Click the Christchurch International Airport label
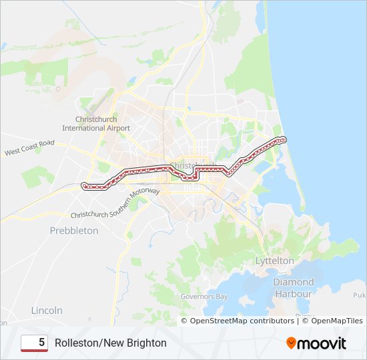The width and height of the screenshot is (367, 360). [x=96, y=123]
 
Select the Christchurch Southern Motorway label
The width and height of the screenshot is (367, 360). [x=115, y=203]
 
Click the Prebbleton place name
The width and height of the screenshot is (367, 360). [x=74, y=231]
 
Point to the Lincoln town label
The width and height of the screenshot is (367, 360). [x=47, y=311]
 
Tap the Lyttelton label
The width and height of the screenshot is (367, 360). [x=274, y=261]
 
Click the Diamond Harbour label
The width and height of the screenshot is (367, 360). [x=293, y=288]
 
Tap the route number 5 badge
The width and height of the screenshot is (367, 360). [x=34, y=343]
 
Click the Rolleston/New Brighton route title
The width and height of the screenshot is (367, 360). [x=111, y=343]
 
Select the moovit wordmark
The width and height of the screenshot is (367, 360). [x=323, y=343]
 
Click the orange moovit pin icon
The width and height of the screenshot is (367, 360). [x=292, y=343]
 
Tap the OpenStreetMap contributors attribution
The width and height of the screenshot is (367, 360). [x=242, y=321]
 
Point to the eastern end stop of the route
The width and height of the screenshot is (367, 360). [x=283, y=139]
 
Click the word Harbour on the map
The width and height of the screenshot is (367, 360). [x=293, y=293]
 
